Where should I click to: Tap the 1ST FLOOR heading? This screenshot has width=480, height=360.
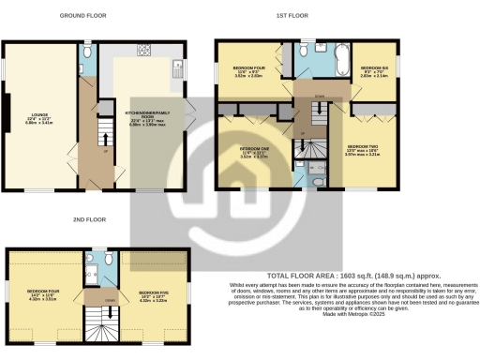click(x=292, y=16)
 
